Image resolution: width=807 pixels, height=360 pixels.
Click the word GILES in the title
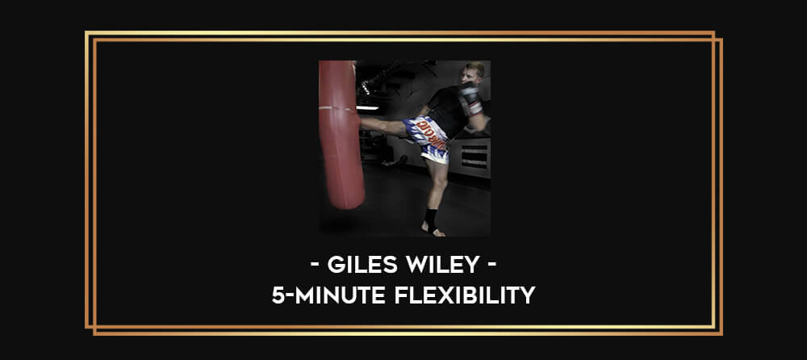(362, 265)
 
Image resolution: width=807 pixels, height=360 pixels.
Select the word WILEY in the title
(442, 265)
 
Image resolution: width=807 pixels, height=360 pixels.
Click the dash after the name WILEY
(492, 266)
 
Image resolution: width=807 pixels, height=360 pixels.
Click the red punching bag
(340, 134)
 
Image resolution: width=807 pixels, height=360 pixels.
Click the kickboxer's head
(473, 73)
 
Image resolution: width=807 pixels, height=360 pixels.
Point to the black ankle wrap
(431, 220)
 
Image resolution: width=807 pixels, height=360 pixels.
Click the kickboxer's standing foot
(433, 230)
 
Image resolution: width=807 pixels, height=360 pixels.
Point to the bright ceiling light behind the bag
(367, 107)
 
